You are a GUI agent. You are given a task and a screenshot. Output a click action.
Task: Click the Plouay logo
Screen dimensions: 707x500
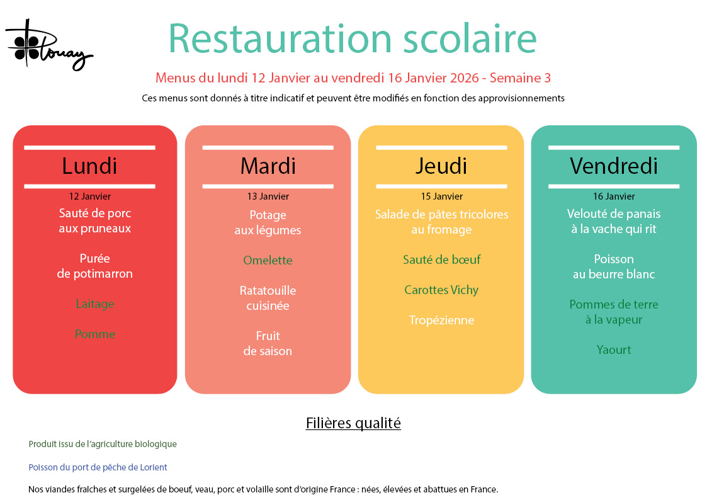click(x=48, y=45)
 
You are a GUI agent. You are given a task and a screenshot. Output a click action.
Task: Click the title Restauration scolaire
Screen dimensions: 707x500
click(x=352, y=39)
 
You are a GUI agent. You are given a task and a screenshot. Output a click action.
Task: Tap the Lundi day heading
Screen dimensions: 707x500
click(x=89, y=166)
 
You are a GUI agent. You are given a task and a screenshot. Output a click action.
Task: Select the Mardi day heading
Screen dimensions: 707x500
click(x=268, y=166)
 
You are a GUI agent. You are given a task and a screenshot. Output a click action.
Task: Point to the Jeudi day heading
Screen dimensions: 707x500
click(x=441, y=166)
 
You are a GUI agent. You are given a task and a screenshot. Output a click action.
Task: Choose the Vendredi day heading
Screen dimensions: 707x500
click(x=614, y=166)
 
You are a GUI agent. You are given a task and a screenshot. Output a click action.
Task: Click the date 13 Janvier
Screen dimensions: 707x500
click(x=268, y=196)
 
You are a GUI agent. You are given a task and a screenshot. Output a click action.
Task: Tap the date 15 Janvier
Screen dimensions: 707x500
click(x=441, y=196)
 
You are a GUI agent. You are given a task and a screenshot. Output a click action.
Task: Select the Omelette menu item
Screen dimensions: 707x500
click(x=268, y=260)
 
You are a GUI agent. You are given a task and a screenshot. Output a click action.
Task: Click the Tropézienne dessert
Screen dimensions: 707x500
click(x=441, y=320)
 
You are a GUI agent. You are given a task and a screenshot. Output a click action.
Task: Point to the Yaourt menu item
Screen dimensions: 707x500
click(x=614, y=350)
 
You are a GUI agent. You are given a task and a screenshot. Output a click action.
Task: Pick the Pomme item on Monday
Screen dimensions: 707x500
click(x=94, y=334)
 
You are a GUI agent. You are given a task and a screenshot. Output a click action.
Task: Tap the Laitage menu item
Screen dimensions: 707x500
click(x=94, y=304)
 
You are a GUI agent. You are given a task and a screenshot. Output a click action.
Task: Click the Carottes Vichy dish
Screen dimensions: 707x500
click(x=441, y=290)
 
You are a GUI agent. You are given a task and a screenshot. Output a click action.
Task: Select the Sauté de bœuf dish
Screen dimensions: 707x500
click(x=441, y=259)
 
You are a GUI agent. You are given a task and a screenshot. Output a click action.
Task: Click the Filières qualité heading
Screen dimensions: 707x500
click(x=353, y=423)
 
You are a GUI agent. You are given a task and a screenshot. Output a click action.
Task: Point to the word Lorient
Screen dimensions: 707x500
click(x=154, y=467)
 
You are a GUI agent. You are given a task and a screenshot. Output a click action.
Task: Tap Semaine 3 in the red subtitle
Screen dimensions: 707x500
click(x=520, y=78)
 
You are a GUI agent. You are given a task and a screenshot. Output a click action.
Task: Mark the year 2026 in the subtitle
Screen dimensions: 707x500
click(x=465, y=78)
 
